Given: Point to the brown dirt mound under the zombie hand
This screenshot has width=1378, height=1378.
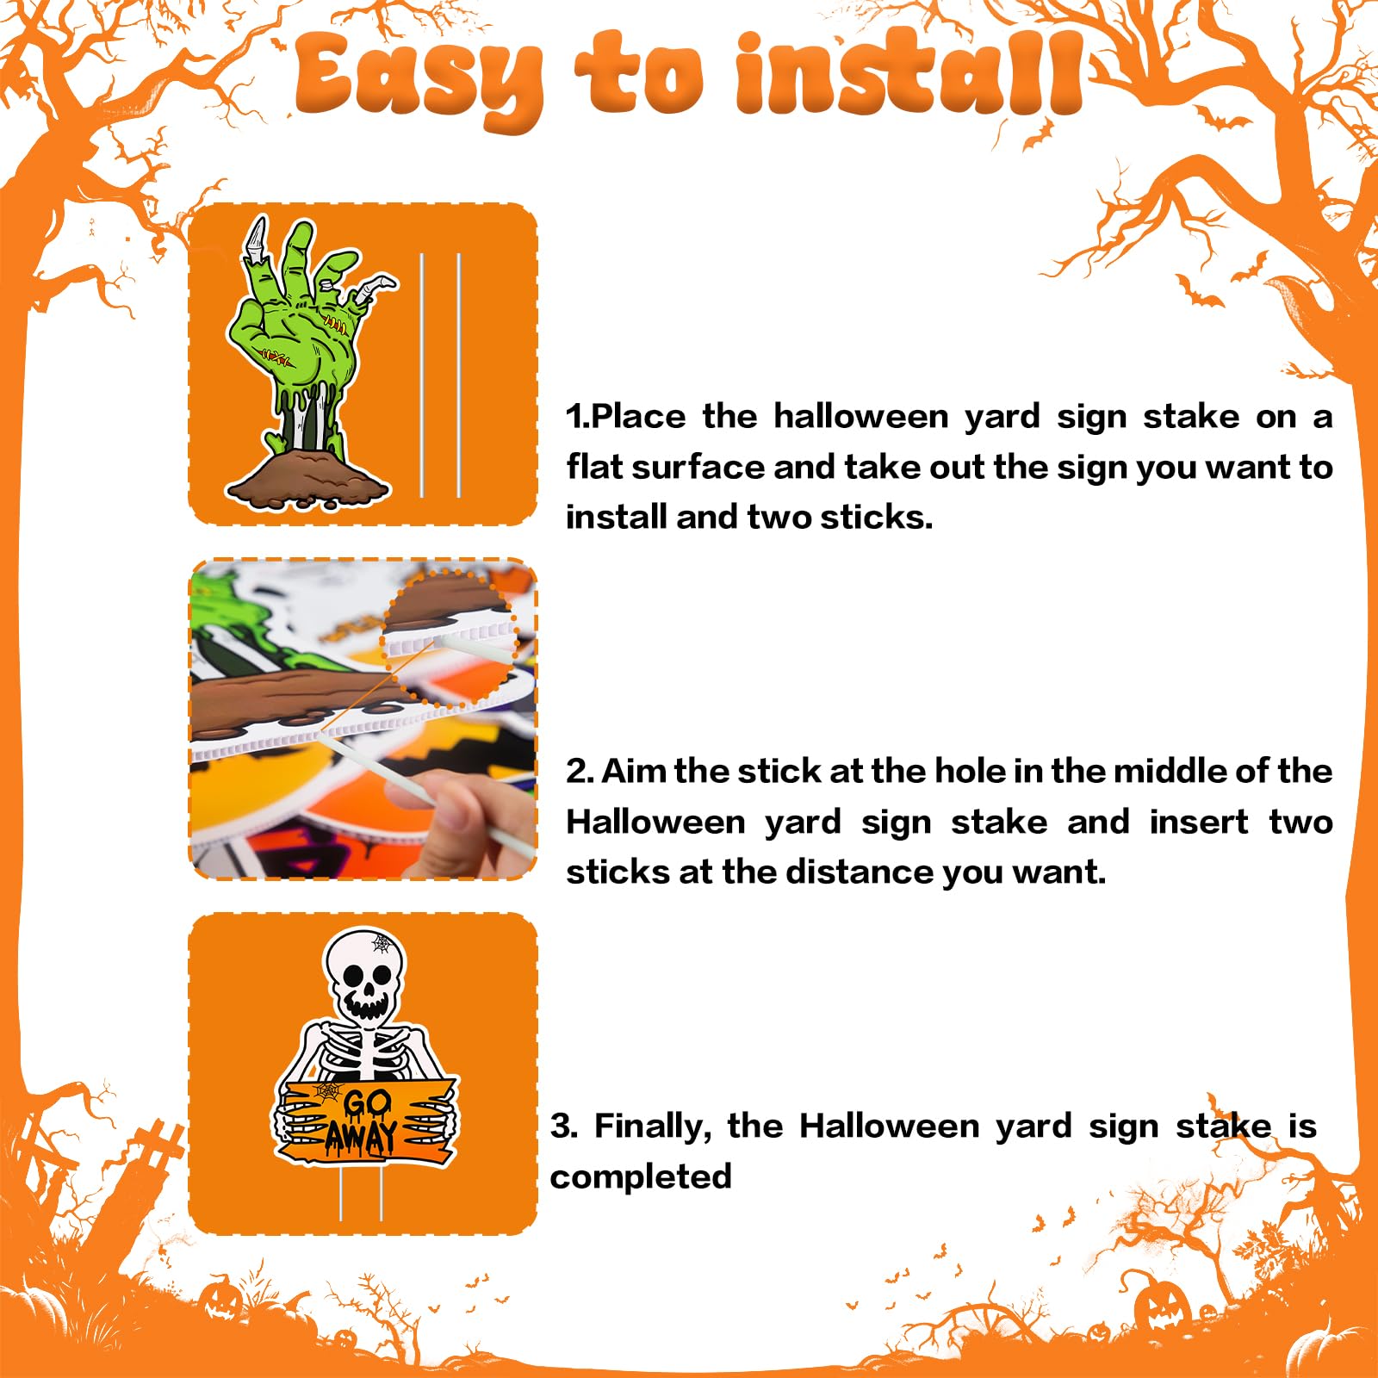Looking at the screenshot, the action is pos(307,478).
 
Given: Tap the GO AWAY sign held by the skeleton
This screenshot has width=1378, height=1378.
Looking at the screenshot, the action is pos(366,1118).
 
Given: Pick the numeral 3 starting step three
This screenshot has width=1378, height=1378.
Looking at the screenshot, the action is pos(562,1127).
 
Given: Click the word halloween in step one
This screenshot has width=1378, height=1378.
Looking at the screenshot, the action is pos(860,416).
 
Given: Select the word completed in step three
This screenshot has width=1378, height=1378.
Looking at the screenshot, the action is pos(641,1176).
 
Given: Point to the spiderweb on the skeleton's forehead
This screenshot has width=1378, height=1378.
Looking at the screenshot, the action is pos(382,943).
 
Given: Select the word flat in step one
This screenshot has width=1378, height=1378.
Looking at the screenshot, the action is pos(596,467).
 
